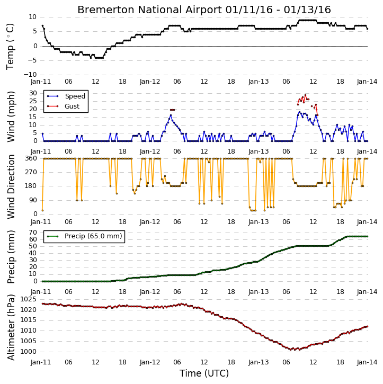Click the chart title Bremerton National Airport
pyautogui.click(x=149, y=10)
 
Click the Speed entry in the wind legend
pyautogui.click(x=75, y=96)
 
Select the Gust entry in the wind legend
pyautogui.click(x=72, y=106)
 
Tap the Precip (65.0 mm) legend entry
pyautogui.click(x=93, y=236)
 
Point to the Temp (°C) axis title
pyautogui.click(x=10, y=47)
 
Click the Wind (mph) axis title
pyautogui.click(x=11, y=117)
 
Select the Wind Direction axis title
pyautogui.click(x=11, y=186)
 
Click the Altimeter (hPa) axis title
pyautogui.click(x=11, y=327)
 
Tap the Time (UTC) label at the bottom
pyautogui.click(x=204, y=373)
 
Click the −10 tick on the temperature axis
pyautogui.click(x=30, y=75)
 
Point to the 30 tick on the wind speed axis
pyautogui.click(x=33, y=93)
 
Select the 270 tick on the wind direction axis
pyautogui.click(x=31, y=172)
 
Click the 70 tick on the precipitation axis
pyautogui.click(x=33, y=233)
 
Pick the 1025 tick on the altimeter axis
pyautogui.click(x=28, y=299)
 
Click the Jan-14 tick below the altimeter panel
pyautogui.click(x=367, y=362)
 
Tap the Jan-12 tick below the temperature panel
pyautogui.click(x=149, y=82)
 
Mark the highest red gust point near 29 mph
pyautogui.click(x=305, y=95)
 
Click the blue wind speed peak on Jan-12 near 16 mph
pyautogui.click(x=171, y=115)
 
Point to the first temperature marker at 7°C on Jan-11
pyautogui.click(x=42, y=26)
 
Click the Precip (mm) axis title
pyautogui.click(x=11, y=257)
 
